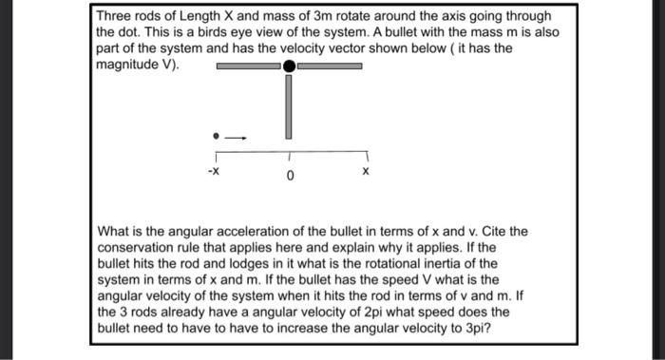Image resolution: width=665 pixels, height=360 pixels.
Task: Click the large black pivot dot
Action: [290, 66]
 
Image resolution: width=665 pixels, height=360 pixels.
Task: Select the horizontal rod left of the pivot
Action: [248, 66]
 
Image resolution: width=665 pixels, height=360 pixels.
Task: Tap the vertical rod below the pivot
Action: [289, 105]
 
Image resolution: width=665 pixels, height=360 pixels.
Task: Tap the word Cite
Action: [477, 231]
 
